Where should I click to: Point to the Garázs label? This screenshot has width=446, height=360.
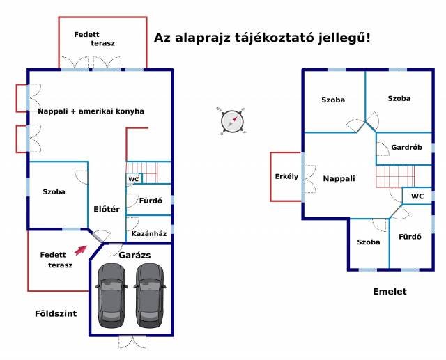click(134, 256)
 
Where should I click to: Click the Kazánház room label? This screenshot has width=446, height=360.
click(148, 233)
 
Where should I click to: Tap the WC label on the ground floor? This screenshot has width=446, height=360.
click(133, 179)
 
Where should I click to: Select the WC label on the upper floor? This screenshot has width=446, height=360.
click(417, 196)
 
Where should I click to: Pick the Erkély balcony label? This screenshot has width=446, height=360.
click(286, 176)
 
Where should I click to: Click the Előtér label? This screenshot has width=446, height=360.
click(107, 209)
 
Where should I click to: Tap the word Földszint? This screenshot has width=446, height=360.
click(56, 313)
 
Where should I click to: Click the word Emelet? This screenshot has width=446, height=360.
click(390, 292)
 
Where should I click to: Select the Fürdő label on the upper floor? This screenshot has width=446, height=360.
click(410, 237)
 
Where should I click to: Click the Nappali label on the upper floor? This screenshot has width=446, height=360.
click(339, 179)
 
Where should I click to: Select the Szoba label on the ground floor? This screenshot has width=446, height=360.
click(54, 191)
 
